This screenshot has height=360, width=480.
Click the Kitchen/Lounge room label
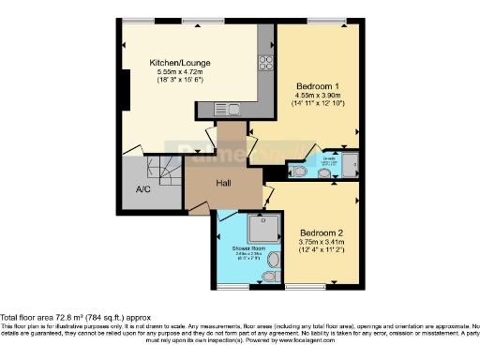click(x=183, y=64)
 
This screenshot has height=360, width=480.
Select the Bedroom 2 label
click(x=321, y=232)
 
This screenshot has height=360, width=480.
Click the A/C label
click(x=143, y=189)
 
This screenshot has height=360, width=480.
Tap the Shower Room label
click(x=237, y=248)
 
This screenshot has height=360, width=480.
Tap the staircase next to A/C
click(x=168, y=171)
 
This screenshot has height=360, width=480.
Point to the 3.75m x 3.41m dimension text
click(x=322, y=243)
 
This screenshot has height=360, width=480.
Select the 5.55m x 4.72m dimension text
click(x=183, y=73)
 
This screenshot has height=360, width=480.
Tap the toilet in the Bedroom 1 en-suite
click(x=295, y=171)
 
